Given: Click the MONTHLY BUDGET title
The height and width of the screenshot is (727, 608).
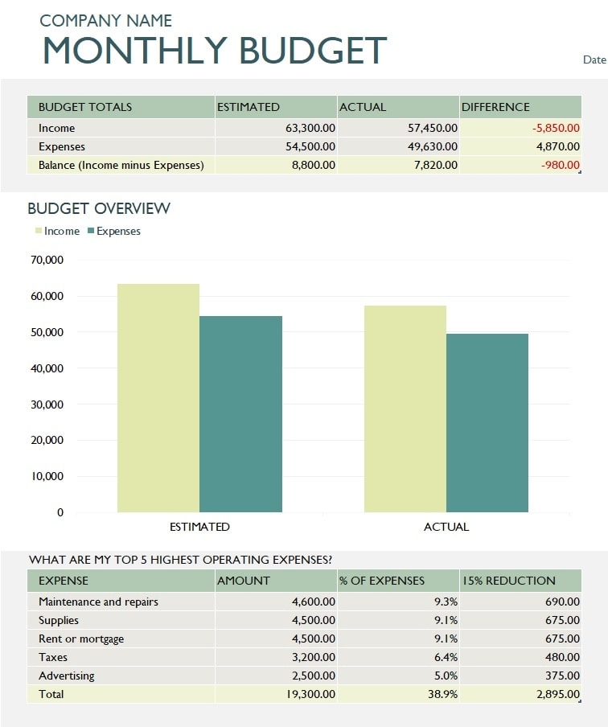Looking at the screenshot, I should point(214,51).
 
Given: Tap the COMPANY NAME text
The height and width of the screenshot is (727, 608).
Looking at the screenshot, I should point(105,21).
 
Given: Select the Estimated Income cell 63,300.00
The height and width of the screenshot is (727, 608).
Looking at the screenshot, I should point(310,128).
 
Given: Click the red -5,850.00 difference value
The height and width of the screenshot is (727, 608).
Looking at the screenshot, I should point(556,128).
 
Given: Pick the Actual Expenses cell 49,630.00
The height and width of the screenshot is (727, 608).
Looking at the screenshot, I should point(433,146).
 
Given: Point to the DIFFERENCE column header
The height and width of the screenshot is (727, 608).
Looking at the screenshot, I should point(495,107).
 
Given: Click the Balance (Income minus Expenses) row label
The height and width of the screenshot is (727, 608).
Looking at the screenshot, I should point(121,165).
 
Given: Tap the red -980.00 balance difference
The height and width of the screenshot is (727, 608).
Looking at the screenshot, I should point(560,165).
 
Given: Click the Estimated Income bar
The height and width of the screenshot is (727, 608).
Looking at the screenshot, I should point(158,397).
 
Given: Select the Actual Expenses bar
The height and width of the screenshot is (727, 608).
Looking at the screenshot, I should point(487,422).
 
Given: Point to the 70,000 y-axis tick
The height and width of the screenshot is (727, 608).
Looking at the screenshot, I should point(47,261).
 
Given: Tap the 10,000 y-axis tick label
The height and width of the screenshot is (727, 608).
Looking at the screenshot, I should point(47,476).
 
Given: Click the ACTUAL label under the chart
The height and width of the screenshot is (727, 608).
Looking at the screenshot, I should point(446,527).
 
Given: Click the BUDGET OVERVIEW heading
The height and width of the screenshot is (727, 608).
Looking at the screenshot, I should point(99,208).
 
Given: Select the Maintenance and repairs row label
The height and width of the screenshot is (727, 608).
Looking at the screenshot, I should point(98,602).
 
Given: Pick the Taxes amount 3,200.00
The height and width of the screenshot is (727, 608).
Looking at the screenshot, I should point(313,657).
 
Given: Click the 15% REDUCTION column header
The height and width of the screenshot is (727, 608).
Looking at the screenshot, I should point(508,581).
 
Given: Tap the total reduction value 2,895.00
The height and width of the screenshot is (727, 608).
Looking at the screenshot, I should point(556,694).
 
